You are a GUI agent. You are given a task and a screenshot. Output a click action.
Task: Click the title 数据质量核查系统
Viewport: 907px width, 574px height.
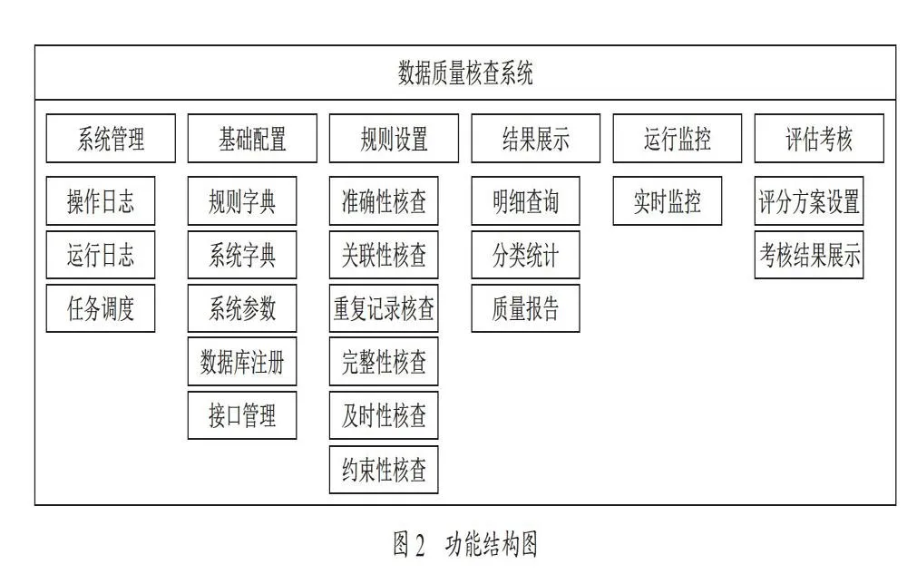[x=465, y=73]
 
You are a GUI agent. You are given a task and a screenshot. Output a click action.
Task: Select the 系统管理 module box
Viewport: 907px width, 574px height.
[x=111, y=138]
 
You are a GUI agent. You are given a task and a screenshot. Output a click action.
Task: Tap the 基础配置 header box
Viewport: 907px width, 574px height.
[x=252, y=138]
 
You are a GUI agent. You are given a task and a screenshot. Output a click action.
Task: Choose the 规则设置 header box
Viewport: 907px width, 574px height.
[x=394, y=138]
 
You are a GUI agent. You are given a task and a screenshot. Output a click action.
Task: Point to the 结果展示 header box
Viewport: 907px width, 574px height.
[x=536, y=138]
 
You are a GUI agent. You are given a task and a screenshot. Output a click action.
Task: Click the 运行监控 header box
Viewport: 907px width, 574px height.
[x=678, y=138]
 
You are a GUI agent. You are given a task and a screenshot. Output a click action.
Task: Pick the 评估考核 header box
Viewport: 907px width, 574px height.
[x=819, y=138]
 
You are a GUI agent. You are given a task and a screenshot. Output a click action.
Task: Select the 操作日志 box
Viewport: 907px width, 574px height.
[x=101, y=201]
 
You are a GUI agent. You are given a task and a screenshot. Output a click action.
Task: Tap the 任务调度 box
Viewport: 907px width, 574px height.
[x=101, y=308]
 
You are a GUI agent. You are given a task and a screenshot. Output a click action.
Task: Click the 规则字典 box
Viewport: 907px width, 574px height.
[x=242, y=201]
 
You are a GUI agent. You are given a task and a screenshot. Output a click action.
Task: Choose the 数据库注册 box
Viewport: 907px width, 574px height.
[x=242, y=362]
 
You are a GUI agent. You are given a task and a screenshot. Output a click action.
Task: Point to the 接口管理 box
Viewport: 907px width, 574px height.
[x=242, y=415]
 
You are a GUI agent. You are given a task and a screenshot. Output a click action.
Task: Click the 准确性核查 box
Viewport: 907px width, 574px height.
[x=384, y=201]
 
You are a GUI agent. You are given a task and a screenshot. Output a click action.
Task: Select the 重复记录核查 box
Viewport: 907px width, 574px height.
[x=384, y=308]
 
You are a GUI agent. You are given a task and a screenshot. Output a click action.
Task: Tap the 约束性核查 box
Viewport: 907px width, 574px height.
[x=384, y=470]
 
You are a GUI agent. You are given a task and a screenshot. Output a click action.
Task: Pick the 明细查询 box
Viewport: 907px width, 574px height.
[x=526, y=201]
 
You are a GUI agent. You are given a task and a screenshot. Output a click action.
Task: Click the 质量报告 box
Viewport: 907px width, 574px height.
[x=526, y=308]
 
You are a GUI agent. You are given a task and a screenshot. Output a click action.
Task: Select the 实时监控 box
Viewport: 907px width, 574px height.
[x=668, y=201]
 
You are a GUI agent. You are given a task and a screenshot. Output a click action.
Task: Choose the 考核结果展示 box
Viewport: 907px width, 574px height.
[x=809, y=255]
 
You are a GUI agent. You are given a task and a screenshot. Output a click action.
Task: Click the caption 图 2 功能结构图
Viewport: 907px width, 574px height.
[x=465, y=544]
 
